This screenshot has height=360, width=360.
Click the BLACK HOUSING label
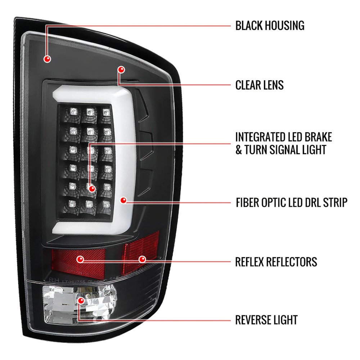270,26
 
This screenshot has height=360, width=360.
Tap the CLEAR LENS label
260,85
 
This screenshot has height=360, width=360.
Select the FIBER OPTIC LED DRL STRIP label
292,202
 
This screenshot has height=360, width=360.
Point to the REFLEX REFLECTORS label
276,262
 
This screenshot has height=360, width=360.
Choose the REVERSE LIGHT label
266,320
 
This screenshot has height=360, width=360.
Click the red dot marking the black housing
47,59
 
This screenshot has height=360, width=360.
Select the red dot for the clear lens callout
121,69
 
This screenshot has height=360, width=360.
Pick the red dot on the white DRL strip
123,200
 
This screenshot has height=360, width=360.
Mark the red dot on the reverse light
81,300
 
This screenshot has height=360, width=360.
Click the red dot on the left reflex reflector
80,260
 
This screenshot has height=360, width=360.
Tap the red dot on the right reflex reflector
142,260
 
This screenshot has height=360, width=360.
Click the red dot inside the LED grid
92,189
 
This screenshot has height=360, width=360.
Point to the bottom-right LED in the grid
106,204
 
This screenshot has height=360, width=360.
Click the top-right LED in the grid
106,112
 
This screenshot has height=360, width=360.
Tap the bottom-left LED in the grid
72,203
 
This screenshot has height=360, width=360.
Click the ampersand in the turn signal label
239,150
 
